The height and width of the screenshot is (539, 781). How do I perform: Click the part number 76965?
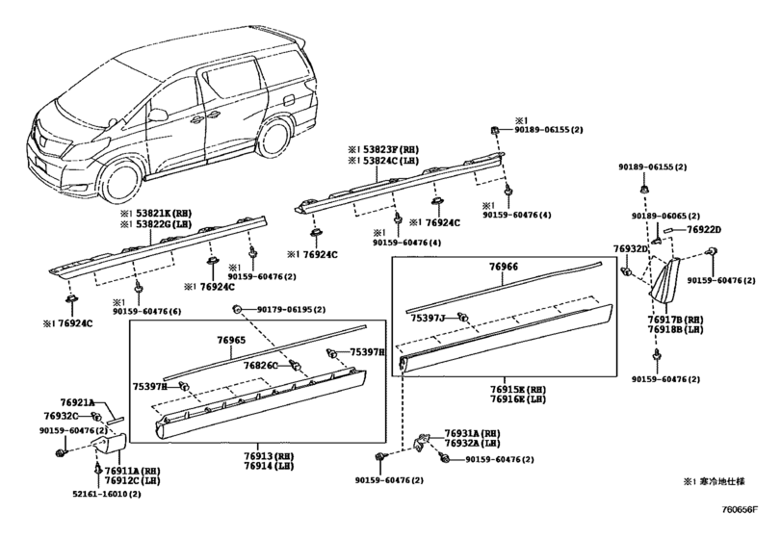point(232,341)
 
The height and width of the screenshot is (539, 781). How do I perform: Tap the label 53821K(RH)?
point(159,213)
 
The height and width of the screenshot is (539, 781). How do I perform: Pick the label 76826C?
point(260,366)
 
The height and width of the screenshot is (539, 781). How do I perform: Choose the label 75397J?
point(427,316)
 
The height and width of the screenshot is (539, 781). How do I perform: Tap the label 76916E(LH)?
point(518,398)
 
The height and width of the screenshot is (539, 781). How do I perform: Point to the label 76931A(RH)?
point(473,433)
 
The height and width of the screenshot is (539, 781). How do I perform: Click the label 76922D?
point(704,229)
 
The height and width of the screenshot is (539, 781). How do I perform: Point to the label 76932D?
point(631,248)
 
